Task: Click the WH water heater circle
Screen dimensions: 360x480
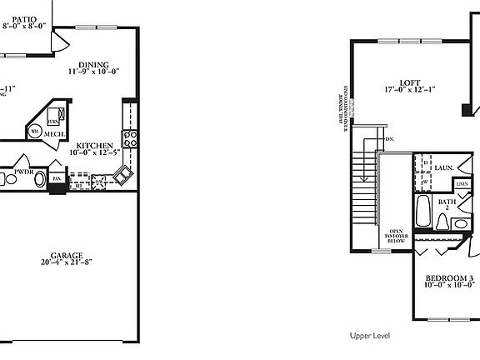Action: [x=35, y=131]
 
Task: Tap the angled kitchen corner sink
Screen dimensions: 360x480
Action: [x=123, y=175]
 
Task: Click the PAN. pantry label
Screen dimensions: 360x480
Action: [x=57, y=177]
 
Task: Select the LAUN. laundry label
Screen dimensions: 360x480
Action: [x=442, y=167]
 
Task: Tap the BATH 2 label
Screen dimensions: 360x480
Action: [x=447, y=202]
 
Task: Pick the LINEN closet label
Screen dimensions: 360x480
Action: [x=462, y=183]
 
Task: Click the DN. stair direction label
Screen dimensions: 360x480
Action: [x=389, y=138]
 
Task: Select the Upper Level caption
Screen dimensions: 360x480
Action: [x=371, y=336]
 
